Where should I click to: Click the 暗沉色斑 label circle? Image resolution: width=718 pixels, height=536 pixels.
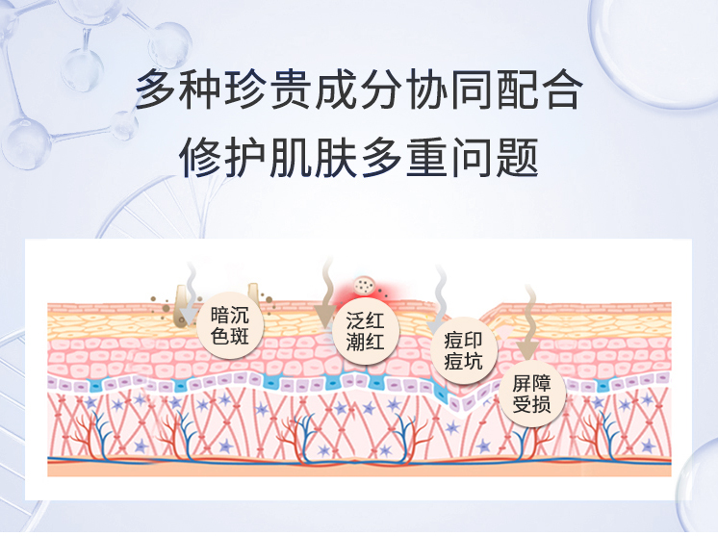click(x=235, y=325)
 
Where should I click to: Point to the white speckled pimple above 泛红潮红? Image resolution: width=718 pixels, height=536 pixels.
click(x=365, y=285)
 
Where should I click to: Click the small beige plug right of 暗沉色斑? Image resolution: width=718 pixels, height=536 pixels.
click(x=253, y=292)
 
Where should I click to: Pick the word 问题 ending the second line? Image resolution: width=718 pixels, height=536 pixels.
click(x=516, y=157)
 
